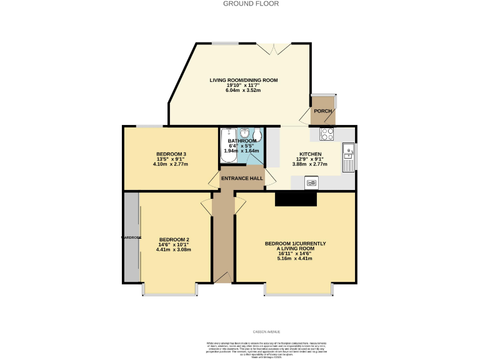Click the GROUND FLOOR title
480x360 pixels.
[242, 4]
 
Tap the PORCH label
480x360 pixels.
[322, 111]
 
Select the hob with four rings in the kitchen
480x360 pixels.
[327, 133]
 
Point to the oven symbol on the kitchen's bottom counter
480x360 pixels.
[311, 182]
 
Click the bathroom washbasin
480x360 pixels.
[242, 132]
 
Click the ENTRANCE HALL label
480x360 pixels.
[242, 178]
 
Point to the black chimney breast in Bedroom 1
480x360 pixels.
[296, 199]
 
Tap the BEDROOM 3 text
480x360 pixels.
[171, 154]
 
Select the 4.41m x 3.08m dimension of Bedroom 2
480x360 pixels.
[173, 249]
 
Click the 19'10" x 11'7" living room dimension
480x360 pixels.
[242, 86]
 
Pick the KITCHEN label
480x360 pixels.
[310, 154]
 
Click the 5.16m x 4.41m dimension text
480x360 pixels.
[295, 258]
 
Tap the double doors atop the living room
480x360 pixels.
[274, 47]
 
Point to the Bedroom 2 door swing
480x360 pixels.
[206, 207]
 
